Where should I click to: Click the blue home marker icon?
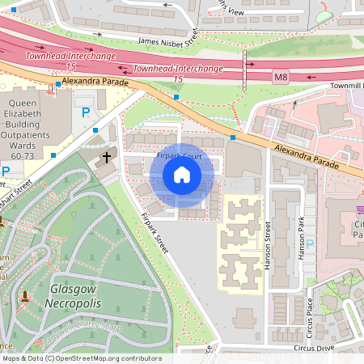pos(182,175)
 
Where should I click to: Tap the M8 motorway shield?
pos(280,78)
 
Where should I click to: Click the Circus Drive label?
pos(314,348)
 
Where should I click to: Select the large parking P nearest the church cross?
pos(83,113)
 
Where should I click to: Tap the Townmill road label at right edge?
pos(346,86)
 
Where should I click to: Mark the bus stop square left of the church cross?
pos(95,130)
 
